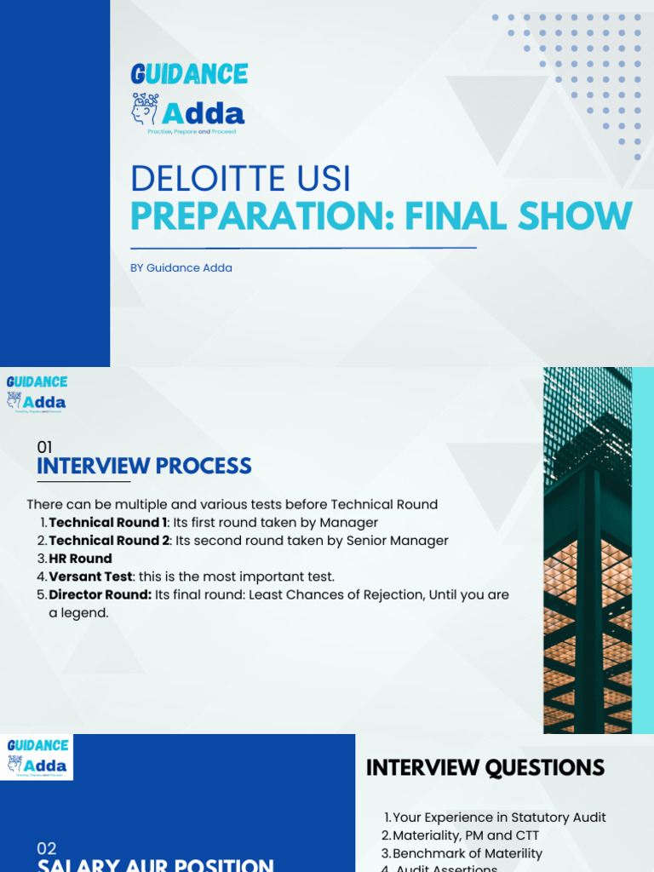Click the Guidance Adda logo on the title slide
point(189,98)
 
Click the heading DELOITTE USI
point(240,179)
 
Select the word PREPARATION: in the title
point(262,217)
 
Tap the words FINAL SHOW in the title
point(519,217)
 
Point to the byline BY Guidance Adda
point(181,267)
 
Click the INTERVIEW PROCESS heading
point(144,466)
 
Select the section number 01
point(44,446)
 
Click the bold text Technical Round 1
point(108,522)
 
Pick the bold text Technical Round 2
point(109,540)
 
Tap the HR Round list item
point(80,559)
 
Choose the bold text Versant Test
point(90,577)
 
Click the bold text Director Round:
point(100,594)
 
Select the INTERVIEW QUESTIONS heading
point(485,767)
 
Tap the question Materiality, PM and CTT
point(466,835)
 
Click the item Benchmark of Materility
point(467,853)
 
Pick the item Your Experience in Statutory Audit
point(499,817)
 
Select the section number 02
point(46,848)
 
